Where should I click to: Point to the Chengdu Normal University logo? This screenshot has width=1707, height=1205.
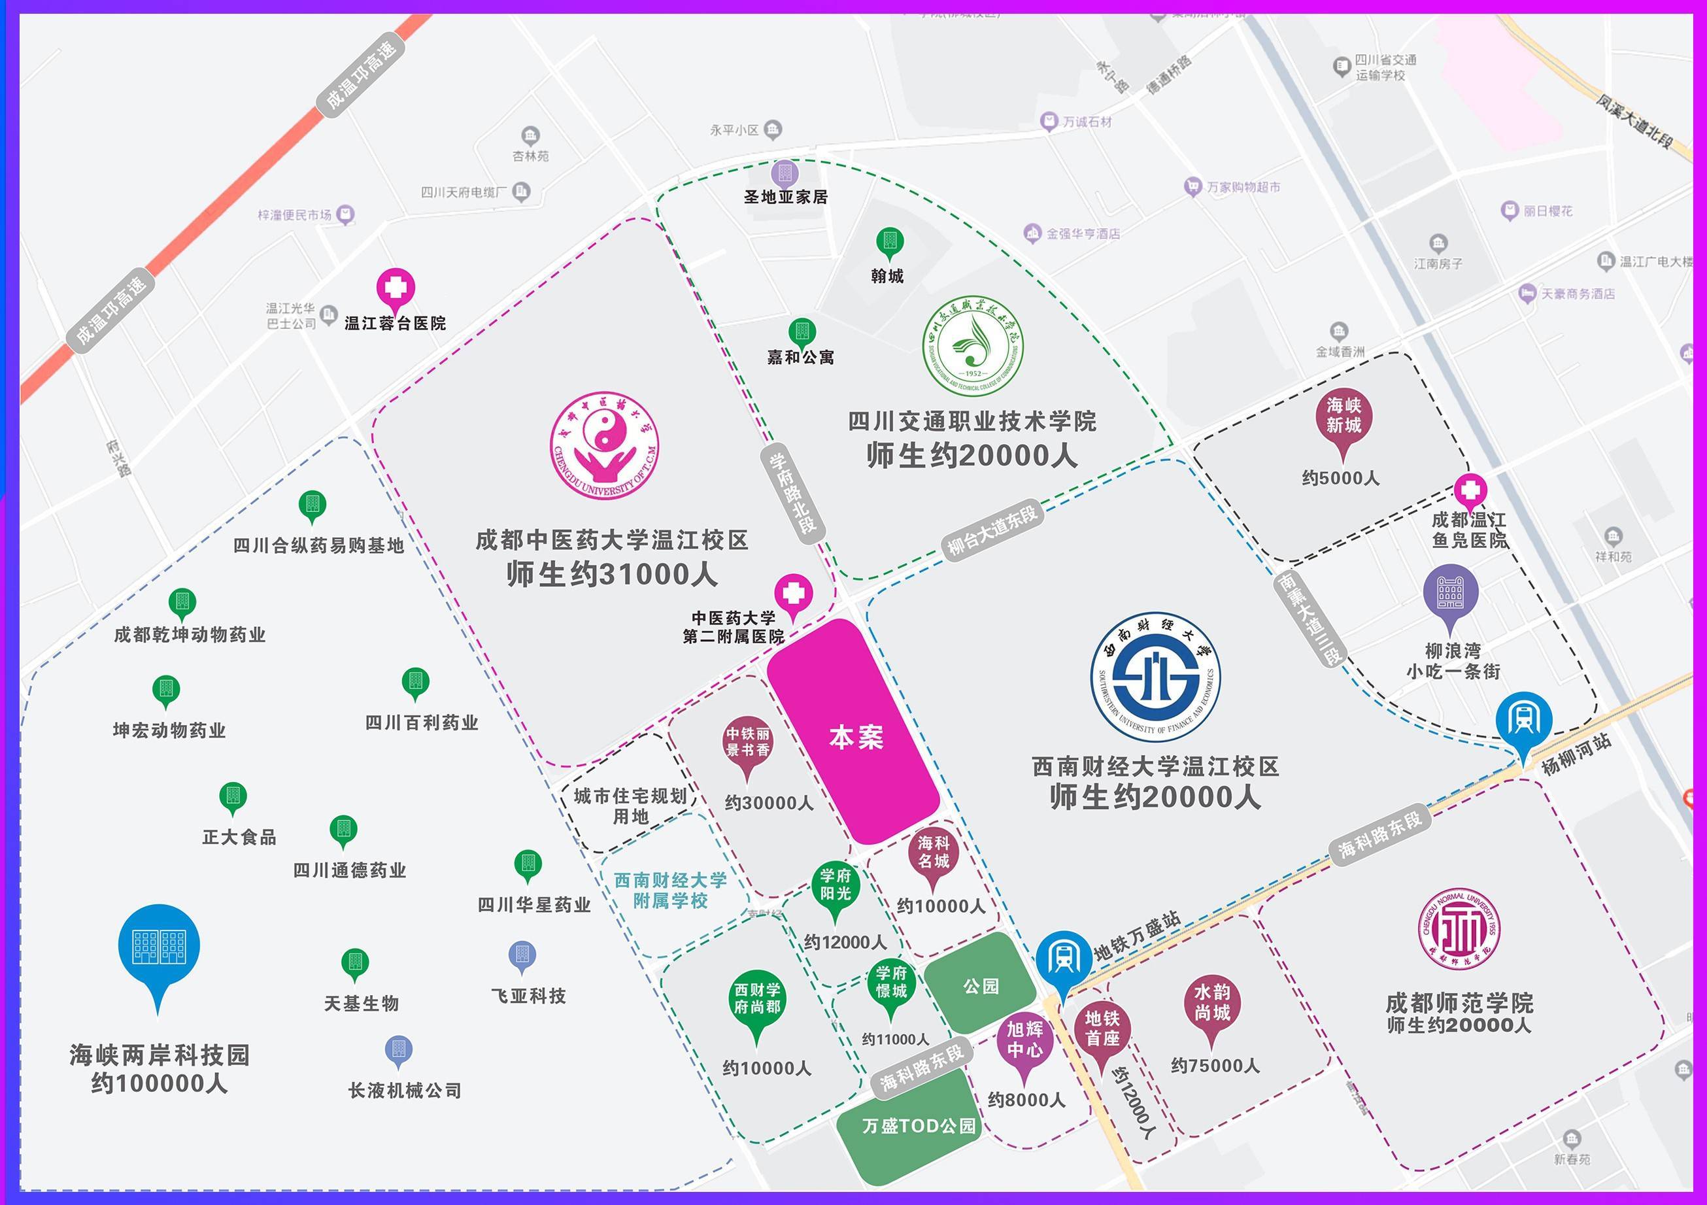click(x=1458, y=928)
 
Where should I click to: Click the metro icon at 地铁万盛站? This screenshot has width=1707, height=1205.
click(x=1063, y=962)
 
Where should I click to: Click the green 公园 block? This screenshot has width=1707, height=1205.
click(x=980, y=986)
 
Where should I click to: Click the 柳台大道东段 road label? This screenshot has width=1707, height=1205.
click(x=992, y=531)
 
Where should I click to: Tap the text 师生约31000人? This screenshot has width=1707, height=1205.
click(x=612, y=574)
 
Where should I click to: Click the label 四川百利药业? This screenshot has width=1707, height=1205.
click(x=422, y=722)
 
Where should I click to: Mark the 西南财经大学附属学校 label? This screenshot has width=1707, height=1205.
click(x=670, y=891)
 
